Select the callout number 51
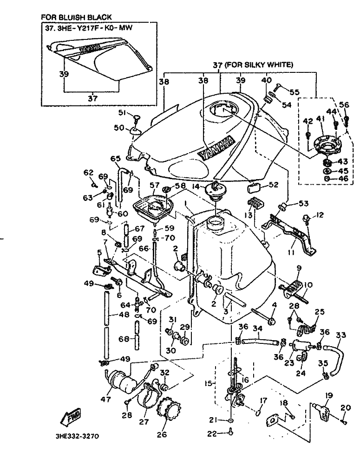click(x=122, y=112)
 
